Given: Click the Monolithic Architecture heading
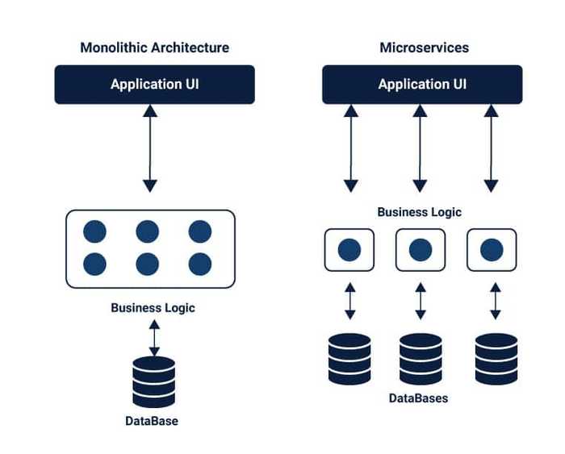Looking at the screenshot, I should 154,48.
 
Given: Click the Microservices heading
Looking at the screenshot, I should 424,48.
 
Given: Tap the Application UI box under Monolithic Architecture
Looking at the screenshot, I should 154,85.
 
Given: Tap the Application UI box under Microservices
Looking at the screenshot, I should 422,85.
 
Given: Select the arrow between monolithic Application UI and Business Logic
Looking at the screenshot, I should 149,148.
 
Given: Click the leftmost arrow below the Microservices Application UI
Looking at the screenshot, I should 350,148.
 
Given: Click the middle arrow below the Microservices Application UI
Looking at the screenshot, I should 420,148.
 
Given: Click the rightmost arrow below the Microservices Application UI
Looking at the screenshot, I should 490,148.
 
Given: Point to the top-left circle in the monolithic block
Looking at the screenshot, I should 94,232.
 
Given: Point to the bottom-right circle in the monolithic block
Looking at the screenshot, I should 200,264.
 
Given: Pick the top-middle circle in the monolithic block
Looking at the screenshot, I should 147,232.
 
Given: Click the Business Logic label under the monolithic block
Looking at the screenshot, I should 153,307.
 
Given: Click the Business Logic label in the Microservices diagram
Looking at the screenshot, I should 420,212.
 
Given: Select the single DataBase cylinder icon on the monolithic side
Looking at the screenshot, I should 153,381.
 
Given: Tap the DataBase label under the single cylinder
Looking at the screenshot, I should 152,421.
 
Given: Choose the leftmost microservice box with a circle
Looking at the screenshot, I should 349,250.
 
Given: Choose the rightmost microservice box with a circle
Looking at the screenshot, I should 492,250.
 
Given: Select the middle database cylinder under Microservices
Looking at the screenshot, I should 421,359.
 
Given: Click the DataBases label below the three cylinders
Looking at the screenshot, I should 418,398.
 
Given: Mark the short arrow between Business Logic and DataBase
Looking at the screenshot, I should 153,336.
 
